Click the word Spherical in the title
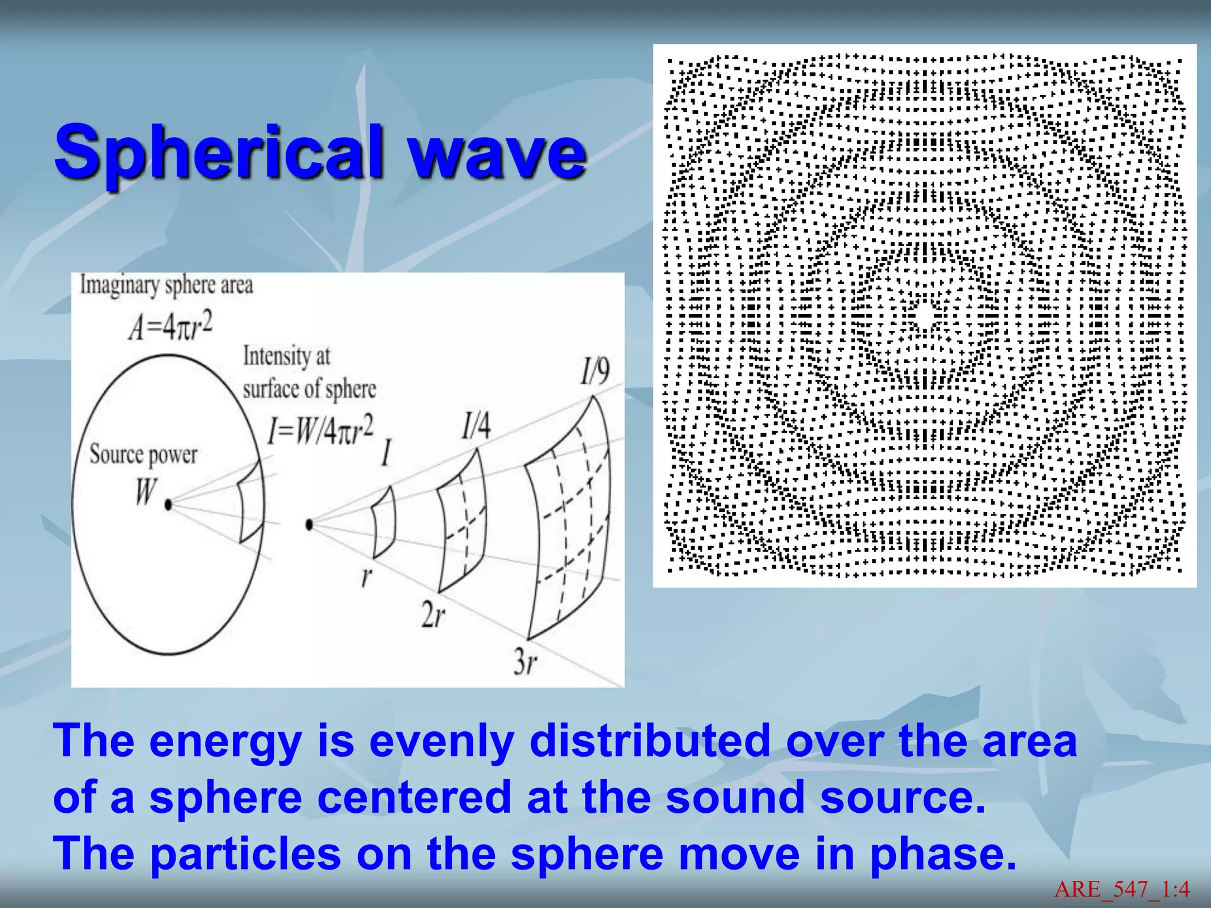click(219, 153)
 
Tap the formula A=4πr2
click(170, 327)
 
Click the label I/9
click(594, 372)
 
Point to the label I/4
click(476, 426)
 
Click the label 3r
click(525, 661)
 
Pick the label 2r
click(433, 615)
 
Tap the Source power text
click(144, 455)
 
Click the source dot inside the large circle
click(169, 504)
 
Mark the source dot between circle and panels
click(309, 524)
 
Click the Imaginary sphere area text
click(167, 286)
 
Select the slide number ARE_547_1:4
click(1122, 889)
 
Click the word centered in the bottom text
click(414, 797)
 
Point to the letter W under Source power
click(145, 491)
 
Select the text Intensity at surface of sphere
click(309, 373)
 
